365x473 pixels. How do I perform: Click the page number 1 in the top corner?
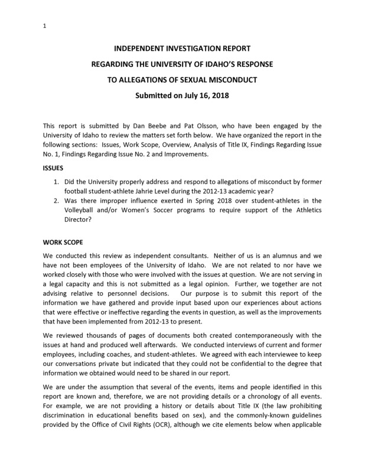(x=45, y=25)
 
